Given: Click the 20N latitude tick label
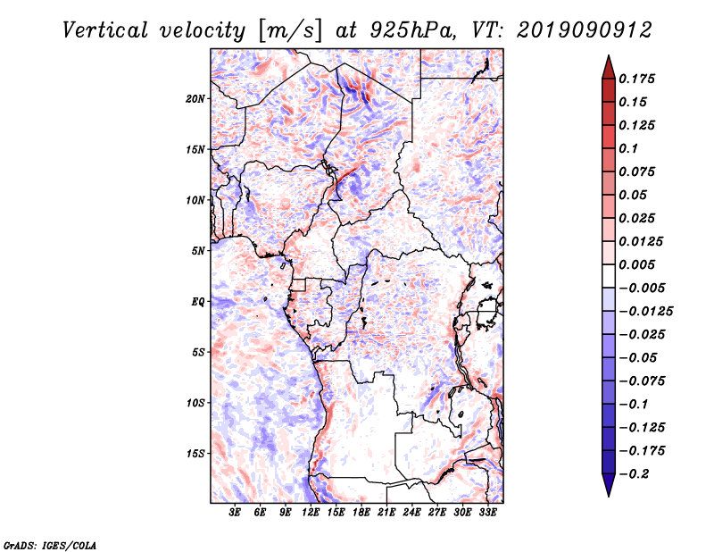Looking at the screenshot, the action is click(x=195, y=99).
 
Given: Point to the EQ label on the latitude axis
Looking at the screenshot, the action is click(x=197, y=302).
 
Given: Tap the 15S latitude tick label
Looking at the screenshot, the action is click(x=195, y=454).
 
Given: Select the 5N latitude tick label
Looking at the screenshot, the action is click(x=198, y=251).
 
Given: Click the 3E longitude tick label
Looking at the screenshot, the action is click(x=235, y=513).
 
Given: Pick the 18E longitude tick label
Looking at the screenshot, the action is click(x=361, y=513).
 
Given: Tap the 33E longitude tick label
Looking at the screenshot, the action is click(x=487, y=513).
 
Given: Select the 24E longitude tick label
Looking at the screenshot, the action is click(x=411, y=513).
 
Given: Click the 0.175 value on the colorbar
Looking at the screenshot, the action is click(x=636, y=79).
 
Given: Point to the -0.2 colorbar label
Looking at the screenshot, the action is click(x=634, y=474).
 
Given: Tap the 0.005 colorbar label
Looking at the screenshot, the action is click(x=636, y=264).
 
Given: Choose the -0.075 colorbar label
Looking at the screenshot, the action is click(x=642, y=381).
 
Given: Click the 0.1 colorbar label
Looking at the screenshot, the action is click(x=628, y=148).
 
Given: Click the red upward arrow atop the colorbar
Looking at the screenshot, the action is click(x=609, y=68).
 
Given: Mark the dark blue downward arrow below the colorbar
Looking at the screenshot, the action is click(x=609, y=485).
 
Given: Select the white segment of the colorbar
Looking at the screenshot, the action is click(x=609, y=276).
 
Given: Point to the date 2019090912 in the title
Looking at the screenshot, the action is click(x=585, y=30).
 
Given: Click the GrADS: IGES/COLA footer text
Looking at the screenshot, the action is click(x=50, y=545).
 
